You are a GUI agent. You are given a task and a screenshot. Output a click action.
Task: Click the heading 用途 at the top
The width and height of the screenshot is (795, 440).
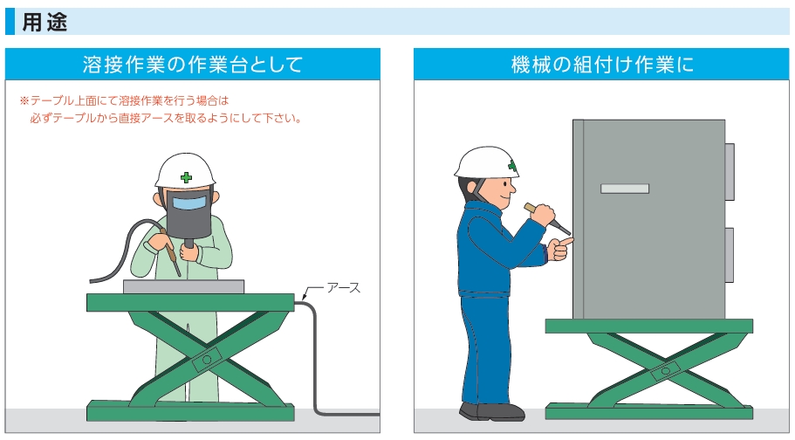45,23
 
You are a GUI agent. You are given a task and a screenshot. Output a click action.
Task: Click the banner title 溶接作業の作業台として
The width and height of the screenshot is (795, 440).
193,65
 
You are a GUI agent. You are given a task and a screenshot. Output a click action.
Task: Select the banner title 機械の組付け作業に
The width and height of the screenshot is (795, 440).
602,65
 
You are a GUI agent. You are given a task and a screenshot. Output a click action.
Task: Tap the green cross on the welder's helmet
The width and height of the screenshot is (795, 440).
186,177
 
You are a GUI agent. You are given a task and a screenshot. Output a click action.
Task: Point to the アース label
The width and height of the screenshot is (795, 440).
343,288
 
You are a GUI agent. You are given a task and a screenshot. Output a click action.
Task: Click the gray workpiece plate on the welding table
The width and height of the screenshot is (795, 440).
183,286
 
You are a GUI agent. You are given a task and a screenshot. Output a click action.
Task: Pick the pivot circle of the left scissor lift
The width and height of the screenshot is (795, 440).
207,360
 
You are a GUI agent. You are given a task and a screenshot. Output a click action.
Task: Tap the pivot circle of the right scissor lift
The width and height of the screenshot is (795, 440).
666,371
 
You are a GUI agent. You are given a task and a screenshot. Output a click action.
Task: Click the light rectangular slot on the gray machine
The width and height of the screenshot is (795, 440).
625,189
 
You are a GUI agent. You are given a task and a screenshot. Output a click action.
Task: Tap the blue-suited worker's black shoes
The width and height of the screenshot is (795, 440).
492,411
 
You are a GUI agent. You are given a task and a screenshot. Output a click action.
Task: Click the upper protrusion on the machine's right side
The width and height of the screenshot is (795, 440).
730,171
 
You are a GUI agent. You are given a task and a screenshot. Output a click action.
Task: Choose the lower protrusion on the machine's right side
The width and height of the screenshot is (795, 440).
730,255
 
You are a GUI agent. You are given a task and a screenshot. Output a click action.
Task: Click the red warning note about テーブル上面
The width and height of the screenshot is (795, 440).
161,109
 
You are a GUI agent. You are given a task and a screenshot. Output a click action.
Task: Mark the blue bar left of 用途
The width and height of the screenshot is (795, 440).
10,21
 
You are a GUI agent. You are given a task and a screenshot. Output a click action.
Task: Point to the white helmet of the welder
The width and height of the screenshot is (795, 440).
185,171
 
